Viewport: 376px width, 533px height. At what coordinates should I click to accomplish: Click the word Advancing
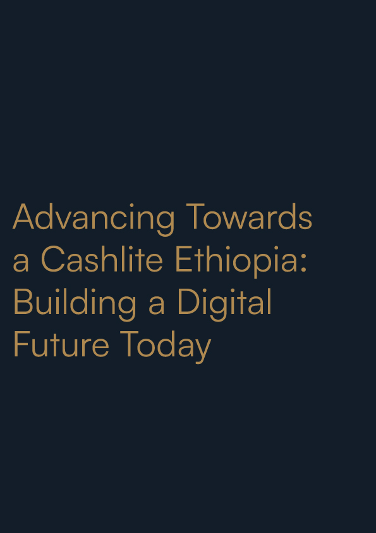pyautogui.click(x=94, y=219)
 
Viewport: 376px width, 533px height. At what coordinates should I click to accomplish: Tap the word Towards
pyautogui.click(x=249, y=216)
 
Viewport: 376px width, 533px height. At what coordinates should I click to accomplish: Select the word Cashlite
pyautogui.click(x=102, y=259)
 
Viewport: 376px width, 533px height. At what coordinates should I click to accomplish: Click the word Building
pyautogui.click(x=75, y=304)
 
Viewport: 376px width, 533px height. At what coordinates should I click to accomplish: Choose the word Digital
pyautogui.click(x=224, y=304)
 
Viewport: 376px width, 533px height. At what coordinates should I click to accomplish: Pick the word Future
pyautogui.click(x=61, y=344)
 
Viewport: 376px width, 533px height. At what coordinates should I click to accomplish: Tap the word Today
pyautogui.click(x=166, y=347)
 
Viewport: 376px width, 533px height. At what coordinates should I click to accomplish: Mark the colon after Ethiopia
pyautogui.click(x=304, y=263)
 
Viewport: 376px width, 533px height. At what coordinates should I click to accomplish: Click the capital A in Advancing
pyautogui.click(x=23, y=216)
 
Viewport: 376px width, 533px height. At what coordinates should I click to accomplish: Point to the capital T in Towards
pyautogui.click(x=195, y=216)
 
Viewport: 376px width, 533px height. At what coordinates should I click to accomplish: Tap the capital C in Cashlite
pyautogui.click(x=52, y=260)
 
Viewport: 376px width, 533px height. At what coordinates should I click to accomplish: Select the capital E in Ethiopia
pyautogui.click(x=183, y=260)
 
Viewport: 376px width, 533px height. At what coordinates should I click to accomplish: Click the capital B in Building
pyautogui.click(x=23, y=302)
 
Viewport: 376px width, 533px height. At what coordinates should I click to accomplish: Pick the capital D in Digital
pyautogui.click(x=190, y=302)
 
